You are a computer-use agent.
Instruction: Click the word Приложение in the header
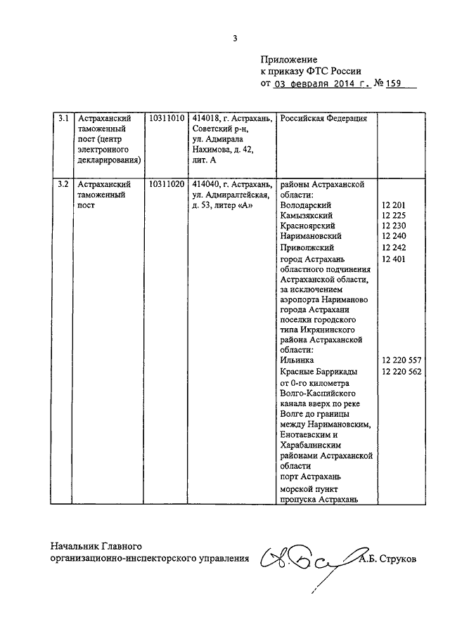coord(289,60)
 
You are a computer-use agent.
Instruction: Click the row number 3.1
coord(63,119)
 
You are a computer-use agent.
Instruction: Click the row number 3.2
coord(63,184)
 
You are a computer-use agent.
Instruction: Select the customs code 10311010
coord(167,119)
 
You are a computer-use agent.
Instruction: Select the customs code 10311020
coord(167,184)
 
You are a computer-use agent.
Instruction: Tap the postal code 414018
coord(205,119)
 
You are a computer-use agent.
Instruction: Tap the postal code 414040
coord(205,184)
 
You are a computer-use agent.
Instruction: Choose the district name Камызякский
coord(306,215)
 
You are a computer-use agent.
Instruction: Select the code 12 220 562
coord(401,371)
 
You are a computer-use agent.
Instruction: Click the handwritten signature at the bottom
coord(302,560)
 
